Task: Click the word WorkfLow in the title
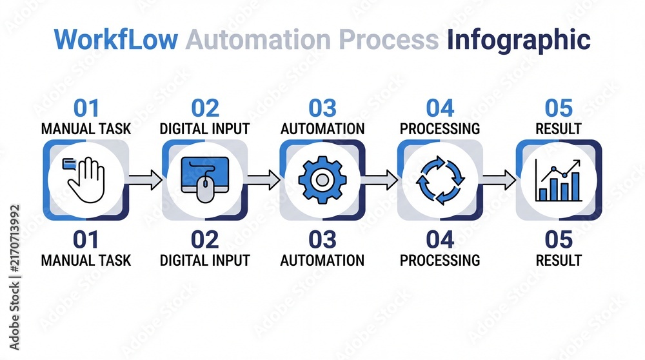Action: pos(115,39)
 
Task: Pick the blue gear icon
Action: pos(322,180)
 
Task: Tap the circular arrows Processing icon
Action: pos(440,180)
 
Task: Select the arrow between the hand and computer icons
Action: pos(145,180)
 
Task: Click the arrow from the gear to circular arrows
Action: pos(380,180)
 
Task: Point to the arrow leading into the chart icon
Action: pos(499,180)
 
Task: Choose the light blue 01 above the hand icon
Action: pos(86,108)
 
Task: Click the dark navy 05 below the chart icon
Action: pos(559,239)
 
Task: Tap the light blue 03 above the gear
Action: pos(322,108)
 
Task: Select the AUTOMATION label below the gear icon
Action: pos(322,261)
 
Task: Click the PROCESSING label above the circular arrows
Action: pos(440,129)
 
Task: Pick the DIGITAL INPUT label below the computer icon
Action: pos(205,261)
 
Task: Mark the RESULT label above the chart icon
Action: pos(559,129)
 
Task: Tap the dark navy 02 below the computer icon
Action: pos(205,239)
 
